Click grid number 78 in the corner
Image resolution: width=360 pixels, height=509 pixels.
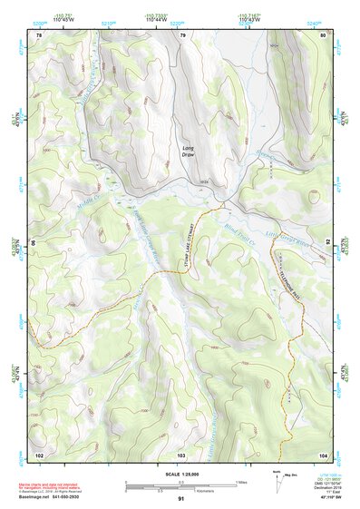[39, 35]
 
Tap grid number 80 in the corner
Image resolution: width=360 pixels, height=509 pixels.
[323, 35]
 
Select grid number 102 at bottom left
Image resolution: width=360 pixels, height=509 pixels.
[39, 453]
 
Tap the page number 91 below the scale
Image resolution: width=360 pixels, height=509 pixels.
[180, 499]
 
